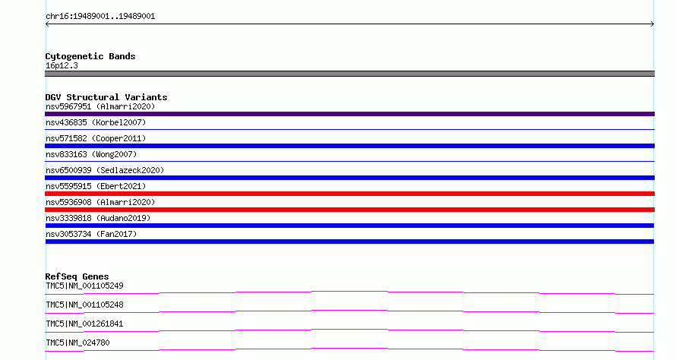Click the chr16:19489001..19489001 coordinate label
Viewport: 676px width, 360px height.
tap(100, 17)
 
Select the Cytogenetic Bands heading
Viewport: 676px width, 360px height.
tap(90, 56)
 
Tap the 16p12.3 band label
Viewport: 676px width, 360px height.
tap(62, 65)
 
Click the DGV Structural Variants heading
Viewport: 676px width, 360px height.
tap(106, 97)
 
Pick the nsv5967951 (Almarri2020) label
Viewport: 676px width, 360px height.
tap(100, 106)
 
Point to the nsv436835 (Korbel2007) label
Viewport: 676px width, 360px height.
tap(96, 122)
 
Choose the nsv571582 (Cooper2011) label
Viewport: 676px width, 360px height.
tap(96, 138)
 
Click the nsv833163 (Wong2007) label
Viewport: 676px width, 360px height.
tap(91, 154)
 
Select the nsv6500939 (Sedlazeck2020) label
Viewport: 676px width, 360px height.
tap(105, 170)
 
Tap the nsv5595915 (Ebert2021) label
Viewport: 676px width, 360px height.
tap(96, 186)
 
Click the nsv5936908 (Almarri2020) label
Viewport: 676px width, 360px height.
tap(100, 202)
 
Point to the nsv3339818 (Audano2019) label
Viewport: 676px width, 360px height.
tap(98, 218)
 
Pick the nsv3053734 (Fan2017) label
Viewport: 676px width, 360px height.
tap(91, 234)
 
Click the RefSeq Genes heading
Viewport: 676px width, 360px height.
tap(77, 276)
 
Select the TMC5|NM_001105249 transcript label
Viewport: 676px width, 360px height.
tap(84, 286)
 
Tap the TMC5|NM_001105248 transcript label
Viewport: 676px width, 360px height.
tap(84, 305)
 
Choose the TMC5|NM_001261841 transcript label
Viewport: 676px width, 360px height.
tap(84, 324)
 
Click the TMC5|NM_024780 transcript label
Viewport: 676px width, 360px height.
tap(77, 343)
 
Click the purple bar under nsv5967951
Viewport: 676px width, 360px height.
tap(349, 114)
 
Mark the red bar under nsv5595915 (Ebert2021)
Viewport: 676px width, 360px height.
tap(349, 194)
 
